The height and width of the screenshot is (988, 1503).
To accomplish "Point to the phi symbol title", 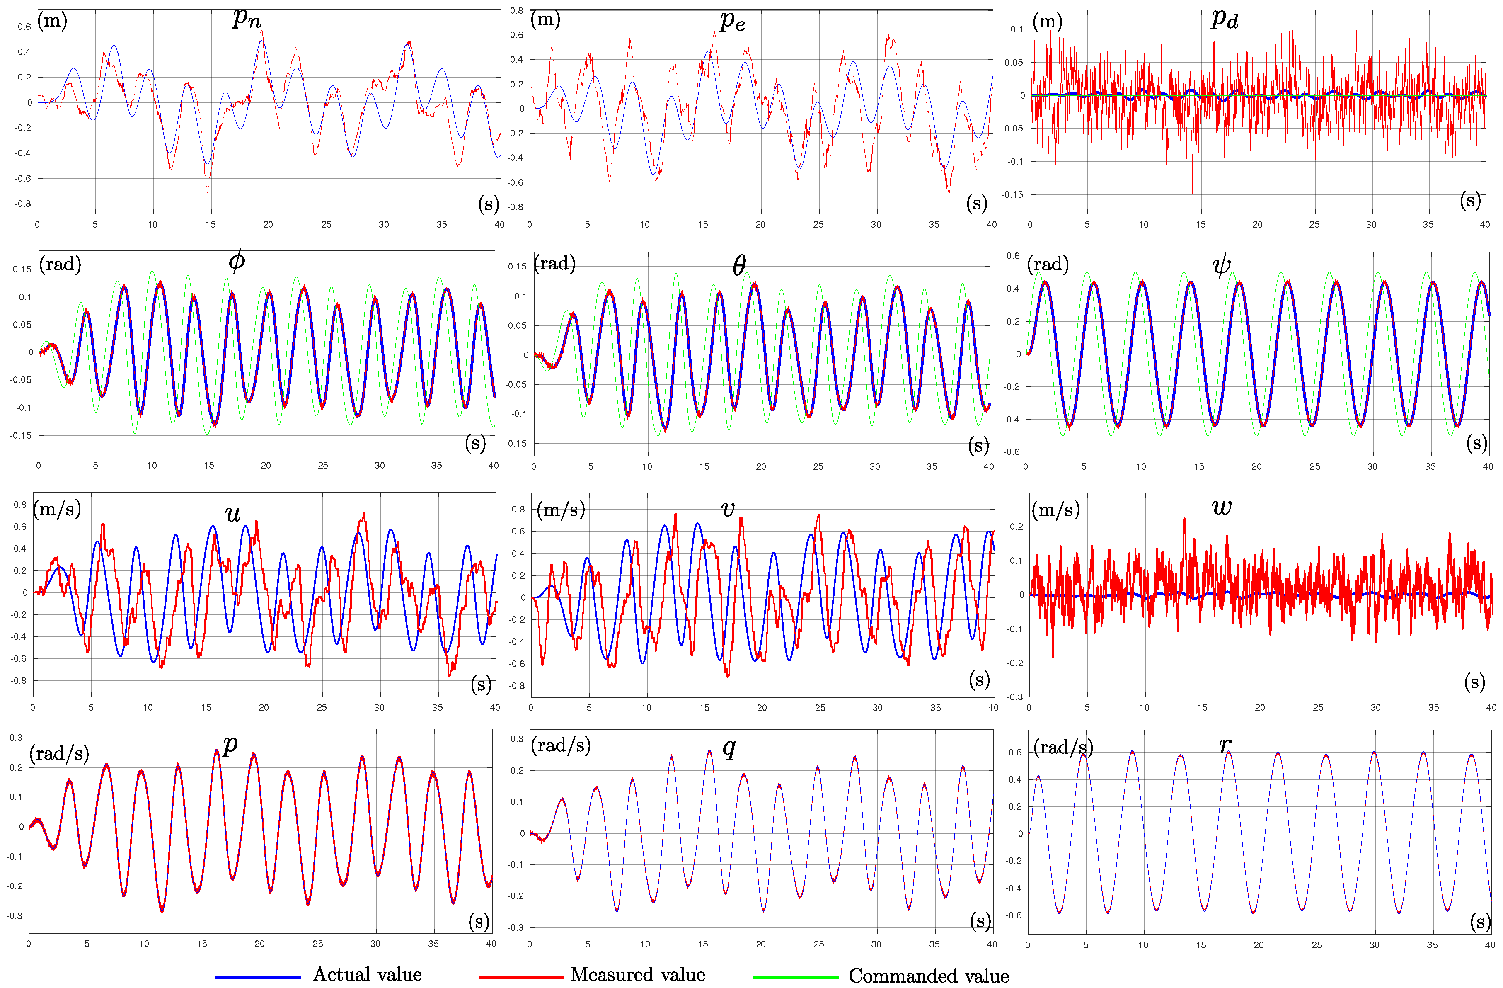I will pos(237,260).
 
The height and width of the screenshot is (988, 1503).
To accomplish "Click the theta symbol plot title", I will pos(739,265).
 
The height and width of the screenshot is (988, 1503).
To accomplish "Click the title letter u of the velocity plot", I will pos(233,514).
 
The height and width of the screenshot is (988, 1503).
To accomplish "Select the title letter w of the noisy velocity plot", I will pos(1221,507).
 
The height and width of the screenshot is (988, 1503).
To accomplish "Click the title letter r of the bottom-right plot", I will pos(1225,745).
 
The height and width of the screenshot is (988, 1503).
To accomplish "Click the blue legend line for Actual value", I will pos(258,977).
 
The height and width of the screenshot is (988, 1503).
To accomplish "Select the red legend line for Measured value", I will pos(521,977).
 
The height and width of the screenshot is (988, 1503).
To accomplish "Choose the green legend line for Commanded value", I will pos(795,977).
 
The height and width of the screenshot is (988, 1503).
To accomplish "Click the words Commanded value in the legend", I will pos(928,976).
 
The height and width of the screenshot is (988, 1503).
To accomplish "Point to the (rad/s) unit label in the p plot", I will pos(59,753).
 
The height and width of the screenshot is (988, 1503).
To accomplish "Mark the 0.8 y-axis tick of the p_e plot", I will pos(517,11).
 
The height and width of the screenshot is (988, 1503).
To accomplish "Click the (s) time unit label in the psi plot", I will pos(1476,443).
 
